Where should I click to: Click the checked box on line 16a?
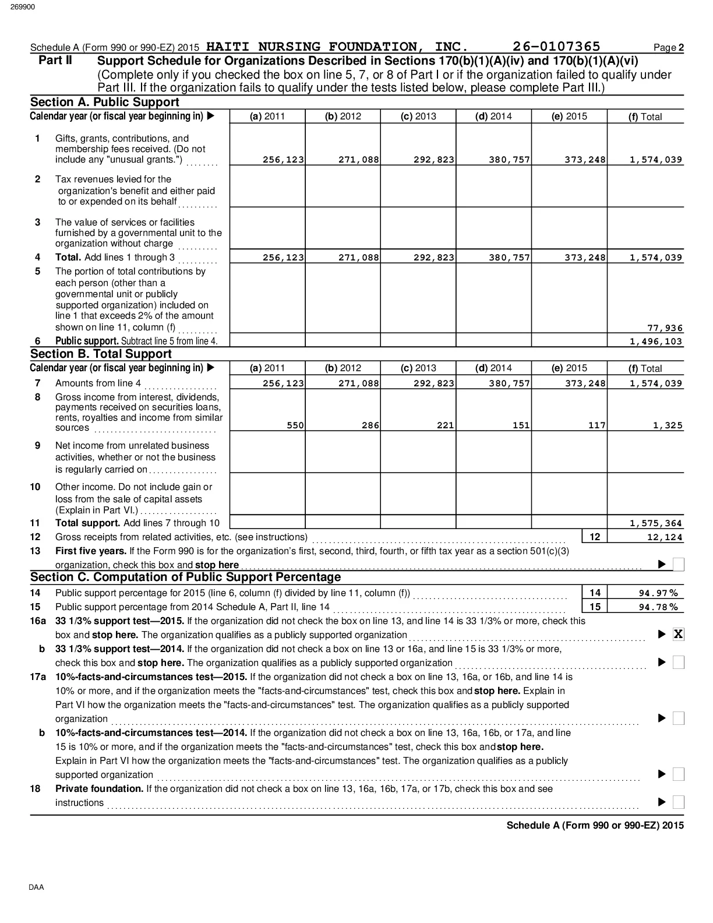(678, 635)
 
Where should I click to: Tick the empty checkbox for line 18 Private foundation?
(678, 802)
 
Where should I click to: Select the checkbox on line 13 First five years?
(678, 564)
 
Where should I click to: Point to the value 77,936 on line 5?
(665, 328)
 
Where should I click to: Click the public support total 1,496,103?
(656, 341)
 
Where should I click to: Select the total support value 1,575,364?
(656, 523)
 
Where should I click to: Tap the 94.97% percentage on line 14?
(658, 593)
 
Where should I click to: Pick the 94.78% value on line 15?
(658, 607)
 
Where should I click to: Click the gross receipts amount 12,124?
(665, 537)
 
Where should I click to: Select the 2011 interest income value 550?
(295, 425)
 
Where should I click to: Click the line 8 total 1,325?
(668, 425)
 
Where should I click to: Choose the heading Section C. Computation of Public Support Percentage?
(185, 577)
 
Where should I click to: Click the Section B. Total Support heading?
(101, 354)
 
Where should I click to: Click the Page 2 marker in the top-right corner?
(669, 48)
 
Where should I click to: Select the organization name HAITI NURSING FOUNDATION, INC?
(337, 47)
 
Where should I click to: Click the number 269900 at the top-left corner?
(22, 7)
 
